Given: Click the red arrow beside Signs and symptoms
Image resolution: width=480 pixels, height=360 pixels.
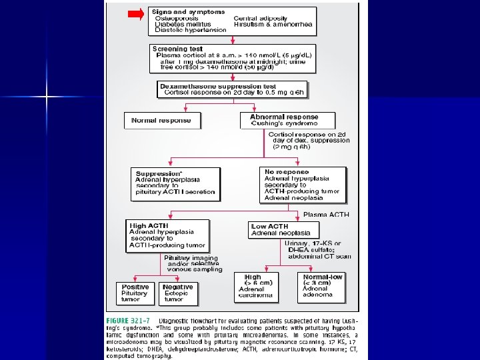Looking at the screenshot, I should [x=136, y=14].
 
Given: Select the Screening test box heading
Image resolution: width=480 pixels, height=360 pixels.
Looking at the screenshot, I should [x=177, y=49].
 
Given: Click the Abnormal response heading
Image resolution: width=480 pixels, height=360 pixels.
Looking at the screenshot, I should [x=283, y=117].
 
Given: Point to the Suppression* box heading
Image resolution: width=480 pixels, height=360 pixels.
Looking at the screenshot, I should [x=159, y=174].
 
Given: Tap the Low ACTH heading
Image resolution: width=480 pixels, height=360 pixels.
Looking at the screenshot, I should [x=270, y=227].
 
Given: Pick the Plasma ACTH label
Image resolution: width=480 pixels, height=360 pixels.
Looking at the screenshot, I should [x=326, y=215].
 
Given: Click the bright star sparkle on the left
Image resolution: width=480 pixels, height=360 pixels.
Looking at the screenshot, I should [x=47, y=97].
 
